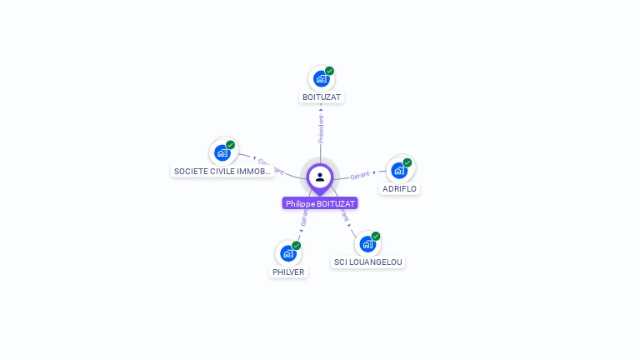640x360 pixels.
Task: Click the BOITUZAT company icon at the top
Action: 321,79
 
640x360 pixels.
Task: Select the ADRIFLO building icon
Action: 399,170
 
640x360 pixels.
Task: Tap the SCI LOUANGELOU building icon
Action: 367,244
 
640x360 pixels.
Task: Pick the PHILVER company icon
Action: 288,253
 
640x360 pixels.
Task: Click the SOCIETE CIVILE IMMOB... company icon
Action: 222,152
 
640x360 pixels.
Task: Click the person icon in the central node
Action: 320,177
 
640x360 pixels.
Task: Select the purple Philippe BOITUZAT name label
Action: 320,203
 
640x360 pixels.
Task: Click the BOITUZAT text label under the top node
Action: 322,97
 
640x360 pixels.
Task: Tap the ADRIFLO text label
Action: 399,189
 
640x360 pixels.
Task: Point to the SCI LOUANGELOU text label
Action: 367,262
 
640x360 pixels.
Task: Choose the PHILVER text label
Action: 288,272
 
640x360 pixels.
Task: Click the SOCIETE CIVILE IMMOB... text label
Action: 222,172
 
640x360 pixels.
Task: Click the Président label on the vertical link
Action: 321,128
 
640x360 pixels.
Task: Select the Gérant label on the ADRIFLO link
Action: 360,175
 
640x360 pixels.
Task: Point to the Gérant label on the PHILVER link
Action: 304,219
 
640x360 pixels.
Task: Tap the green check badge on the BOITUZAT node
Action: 330,71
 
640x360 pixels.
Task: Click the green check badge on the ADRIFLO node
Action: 407,162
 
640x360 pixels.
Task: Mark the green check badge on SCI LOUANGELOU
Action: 376,236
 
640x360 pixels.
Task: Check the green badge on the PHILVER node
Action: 297,245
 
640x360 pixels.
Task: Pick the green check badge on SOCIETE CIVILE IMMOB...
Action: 231,145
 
